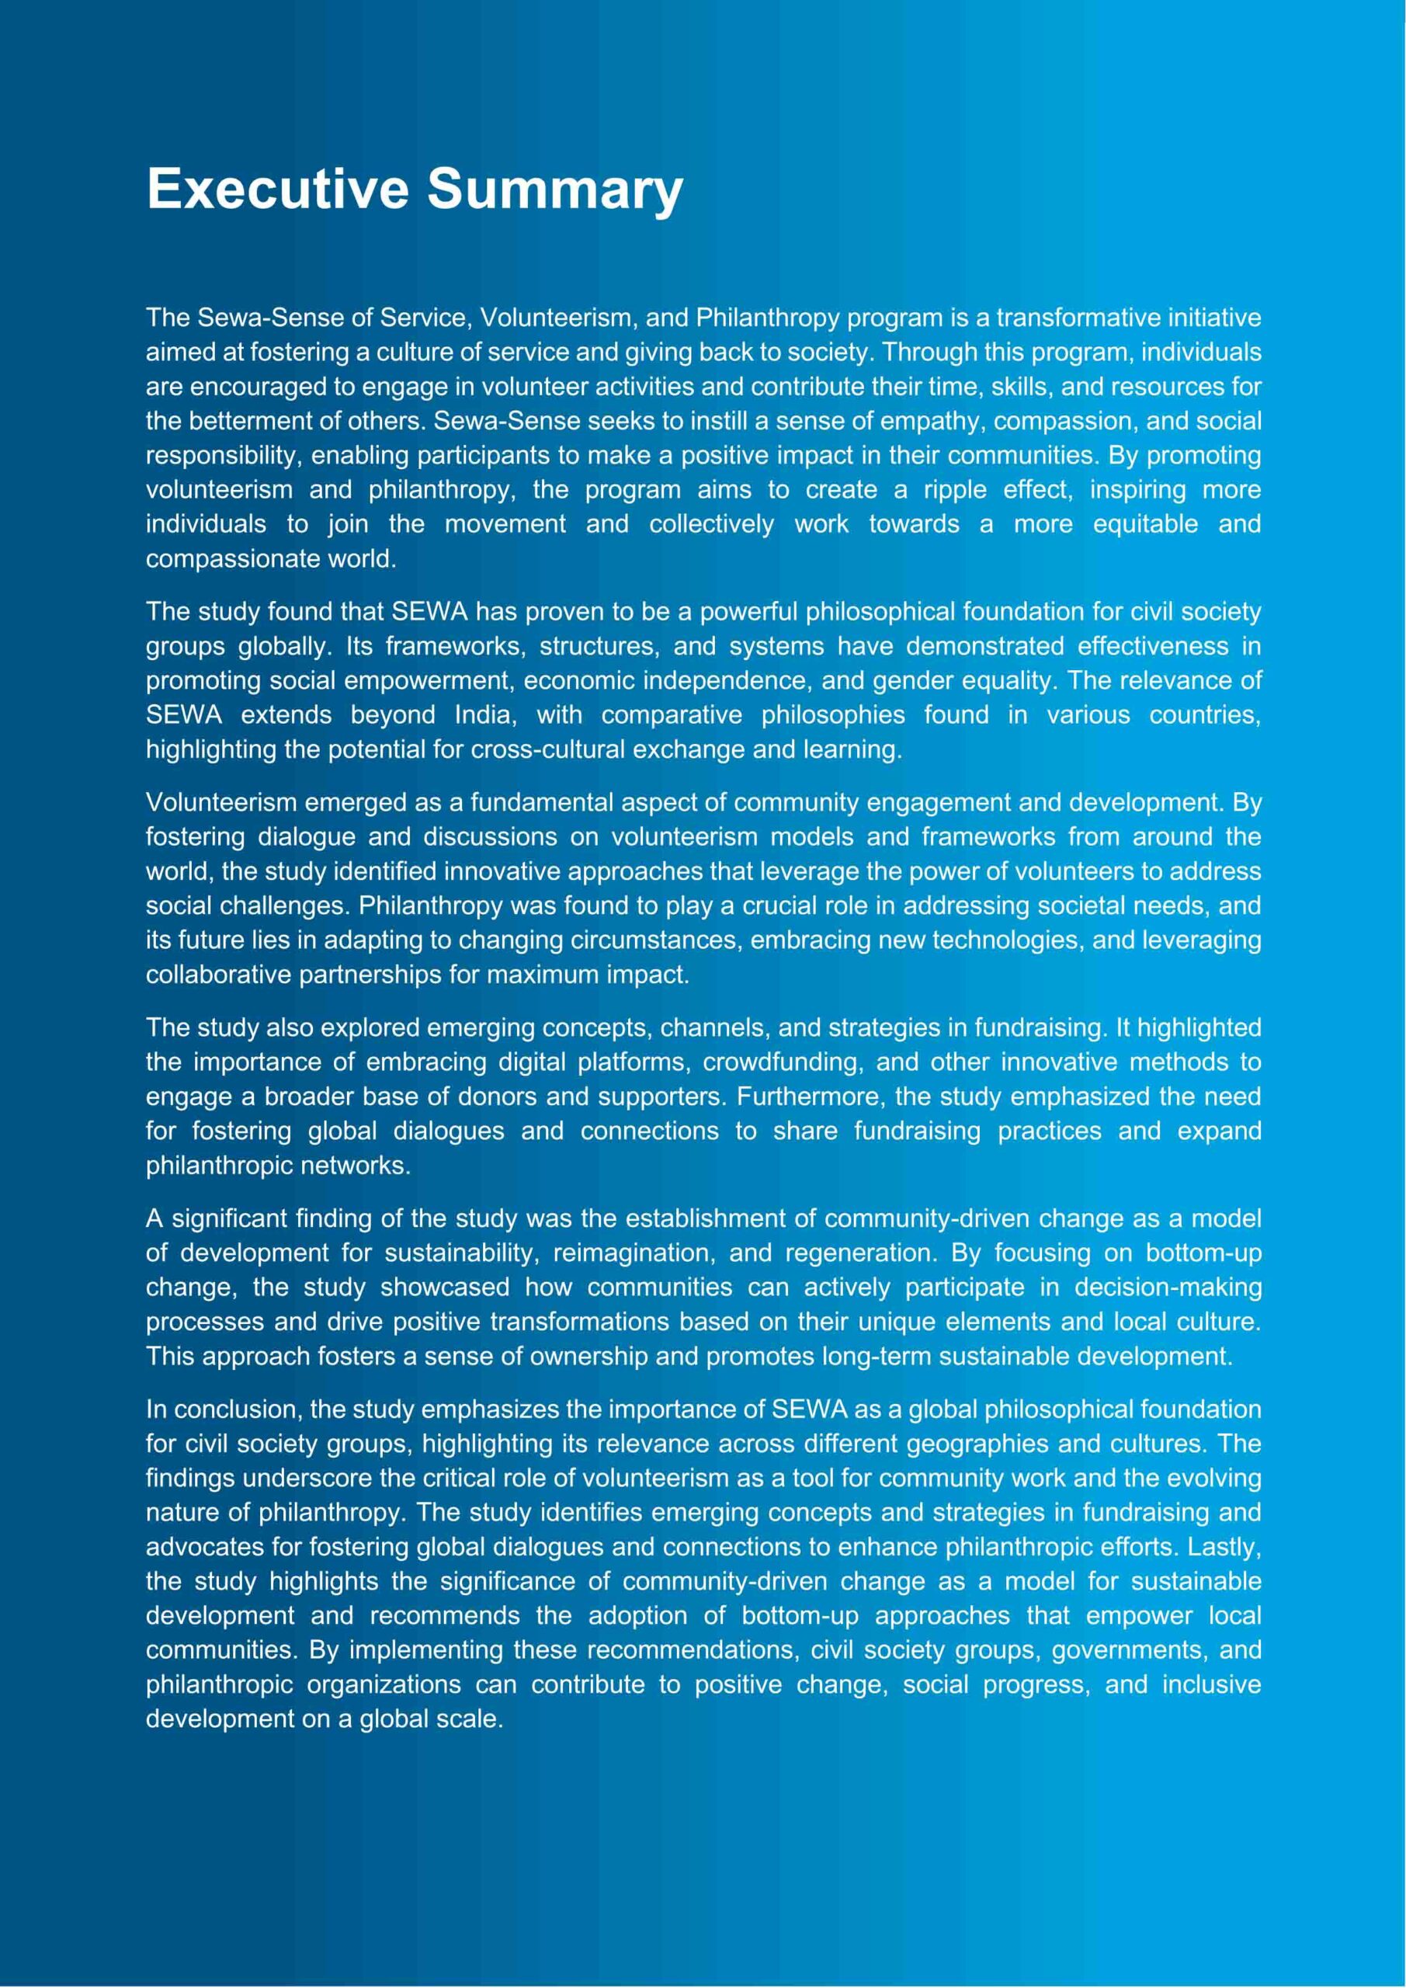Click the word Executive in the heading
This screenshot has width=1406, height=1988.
[277, 188]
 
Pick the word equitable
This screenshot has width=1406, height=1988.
[1144, 524]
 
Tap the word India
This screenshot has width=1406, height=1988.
[486, 715]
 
